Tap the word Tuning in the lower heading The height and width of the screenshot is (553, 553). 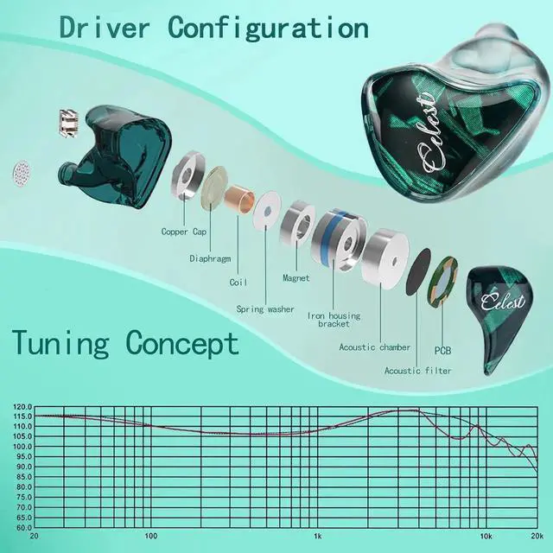pyautogui.click(x=60, y=343)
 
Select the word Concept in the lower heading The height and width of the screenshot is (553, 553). pyautogui.click(x=182, y=343)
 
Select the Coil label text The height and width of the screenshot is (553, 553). pyautogui.click(x=238, y=283)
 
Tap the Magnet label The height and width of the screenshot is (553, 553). pyautogui.click(x=296, y=278)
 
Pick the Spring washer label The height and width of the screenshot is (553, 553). pyautogui.click(x=265, y=308)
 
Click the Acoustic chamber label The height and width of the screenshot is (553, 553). pyautogui.click(x=375, y=347)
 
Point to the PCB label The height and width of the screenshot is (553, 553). pyautogui.click(x=443, y=351)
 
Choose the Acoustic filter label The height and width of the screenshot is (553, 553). pyautogui.click(x=418, y=371)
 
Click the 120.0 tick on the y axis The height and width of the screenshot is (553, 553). pyautogui.click(x=21, y=406)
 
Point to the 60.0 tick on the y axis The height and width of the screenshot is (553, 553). pyautogui.click(x=21, y=527)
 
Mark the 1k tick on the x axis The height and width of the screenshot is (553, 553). pyautogui.click(x=318, y=537)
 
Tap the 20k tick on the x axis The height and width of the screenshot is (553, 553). pyautogui.click(x=536, y=537)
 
